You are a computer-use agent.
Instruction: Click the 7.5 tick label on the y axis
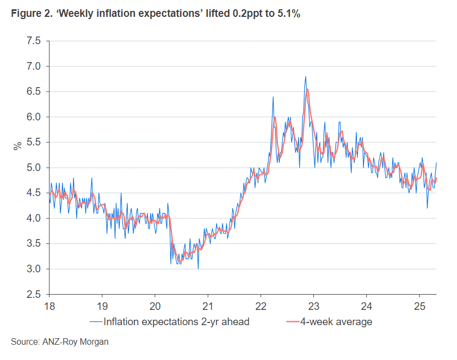(x=34, y=41)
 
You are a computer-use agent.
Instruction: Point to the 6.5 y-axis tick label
(x=34, y=91)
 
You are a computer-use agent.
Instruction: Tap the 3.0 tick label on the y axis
(x=34, y=269)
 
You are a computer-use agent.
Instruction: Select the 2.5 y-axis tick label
(x=34, y=294)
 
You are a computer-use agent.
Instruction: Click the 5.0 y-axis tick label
(x=34, y=168)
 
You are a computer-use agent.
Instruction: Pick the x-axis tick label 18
(x=50, y=306)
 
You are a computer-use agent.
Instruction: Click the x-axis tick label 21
(x=208, y=306)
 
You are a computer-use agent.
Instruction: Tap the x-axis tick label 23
(x=313, y=306)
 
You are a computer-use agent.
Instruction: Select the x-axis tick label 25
(x=419, y=306)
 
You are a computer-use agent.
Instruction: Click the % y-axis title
(x=18, y=145)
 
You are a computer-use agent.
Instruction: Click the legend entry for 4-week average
(x=329, y=322)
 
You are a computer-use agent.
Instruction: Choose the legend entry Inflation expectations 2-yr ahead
(x=169, y=322)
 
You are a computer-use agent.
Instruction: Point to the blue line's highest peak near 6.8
(x=305, y=77)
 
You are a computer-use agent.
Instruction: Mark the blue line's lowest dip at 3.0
(x=198, y=269)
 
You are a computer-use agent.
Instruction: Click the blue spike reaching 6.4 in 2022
(x=273, y=97)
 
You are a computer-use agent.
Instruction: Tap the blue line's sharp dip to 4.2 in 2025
(x=427, y=208)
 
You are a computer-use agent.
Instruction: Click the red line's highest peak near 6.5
(x=308, y=89)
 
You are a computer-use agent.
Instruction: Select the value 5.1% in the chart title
(x=288, y=14)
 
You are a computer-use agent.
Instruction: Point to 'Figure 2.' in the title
(x=32, y=14)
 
